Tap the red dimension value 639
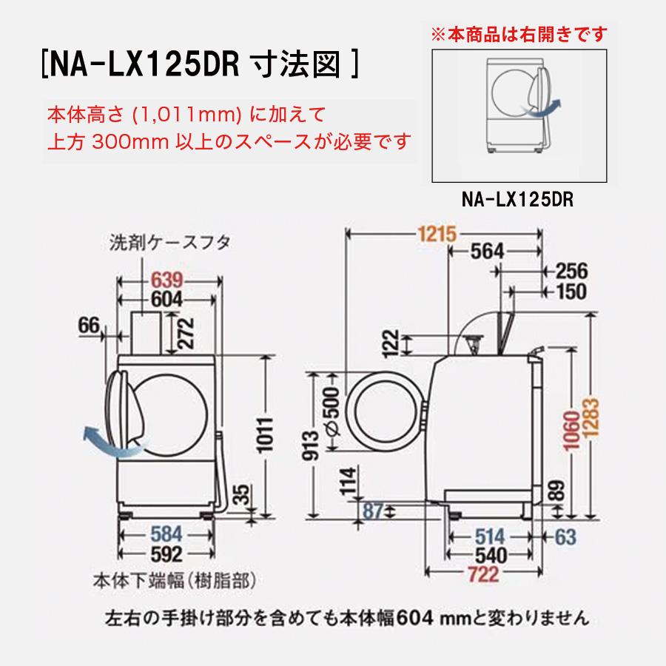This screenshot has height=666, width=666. (x=172, y=280)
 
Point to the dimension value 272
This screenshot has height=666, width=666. (x=187, y=333)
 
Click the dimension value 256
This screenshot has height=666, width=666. (x=571, y=271)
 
